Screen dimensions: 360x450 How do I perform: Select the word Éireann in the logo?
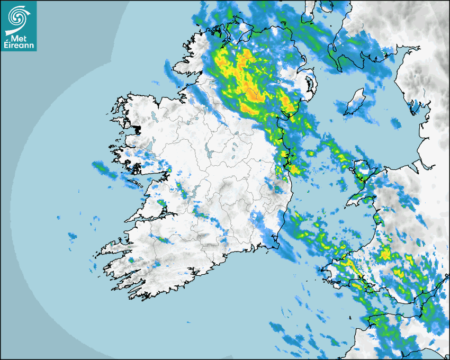pos(18,46)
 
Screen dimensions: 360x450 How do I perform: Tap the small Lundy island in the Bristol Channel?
pos(350,317)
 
